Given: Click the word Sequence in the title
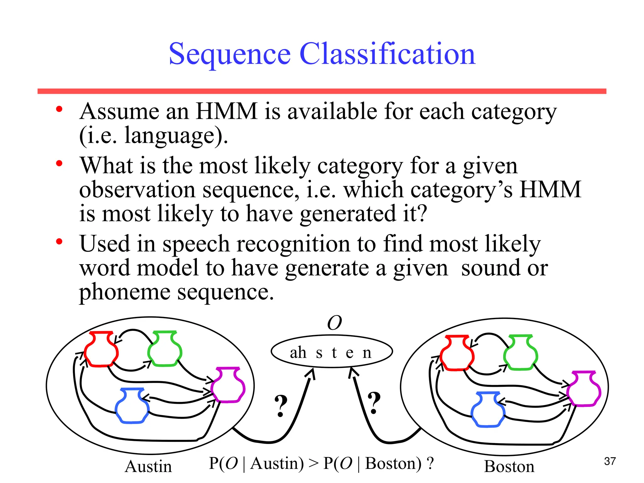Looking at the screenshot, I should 230,54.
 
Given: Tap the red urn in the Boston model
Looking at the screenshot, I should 457,353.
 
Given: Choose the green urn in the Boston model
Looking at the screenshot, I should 520,353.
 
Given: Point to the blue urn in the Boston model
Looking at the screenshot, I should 488,410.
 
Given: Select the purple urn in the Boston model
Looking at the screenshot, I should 584,389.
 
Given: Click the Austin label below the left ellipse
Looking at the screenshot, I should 148,466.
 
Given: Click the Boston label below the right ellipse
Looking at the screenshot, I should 509,466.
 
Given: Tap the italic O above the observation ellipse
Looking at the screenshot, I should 334,323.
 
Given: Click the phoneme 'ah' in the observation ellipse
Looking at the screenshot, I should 298,353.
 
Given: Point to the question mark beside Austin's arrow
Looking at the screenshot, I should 281,406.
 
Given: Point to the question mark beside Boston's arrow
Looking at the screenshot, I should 374,403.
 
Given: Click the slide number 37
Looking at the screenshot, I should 610,461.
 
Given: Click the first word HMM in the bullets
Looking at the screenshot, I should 226,111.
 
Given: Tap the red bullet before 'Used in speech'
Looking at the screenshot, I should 59,241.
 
